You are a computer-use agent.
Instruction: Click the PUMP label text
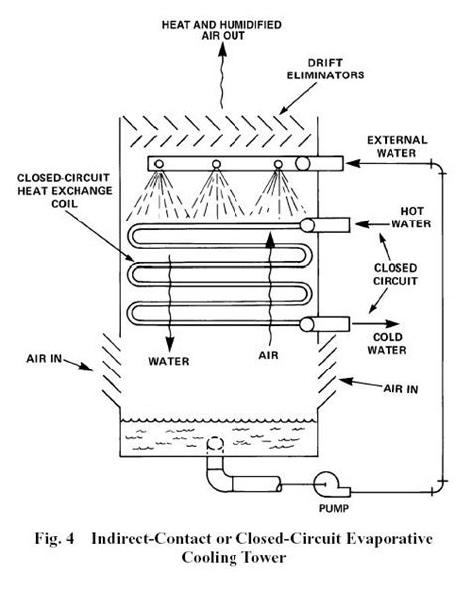click(x=334, y=508)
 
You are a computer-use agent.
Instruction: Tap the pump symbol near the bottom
click(x=328, y=484)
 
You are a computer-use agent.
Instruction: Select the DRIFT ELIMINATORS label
click(x=325, y=69)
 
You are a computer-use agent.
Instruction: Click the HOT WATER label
click(x=411, y=218)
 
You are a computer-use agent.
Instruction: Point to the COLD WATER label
click(x=388, y=343)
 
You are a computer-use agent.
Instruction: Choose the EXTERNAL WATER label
click(x=397, y=146)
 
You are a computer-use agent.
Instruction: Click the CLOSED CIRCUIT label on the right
click(x=395, y=275)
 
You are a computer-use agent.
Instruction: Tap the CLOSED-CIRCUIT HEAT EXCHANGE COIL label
click(x=65, y=191)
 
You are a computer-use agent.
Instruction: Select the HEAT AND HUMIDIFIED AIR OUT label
click(x=223, y=30)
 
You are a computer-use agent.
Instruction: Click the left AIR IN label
click(x=44, y=358)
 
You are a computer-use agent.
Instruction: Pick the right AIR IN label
click(x=400, y=388)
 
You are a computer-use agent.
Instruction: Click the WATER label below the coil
click(x=169, y=361)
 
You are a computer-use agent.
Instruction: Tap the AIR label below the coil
click(x=269, y=355)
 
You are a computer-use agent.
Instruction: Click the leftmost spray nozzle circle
click(x=159, y=164)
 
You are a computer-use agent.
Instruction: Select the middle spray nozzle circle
click(x=216, y=164)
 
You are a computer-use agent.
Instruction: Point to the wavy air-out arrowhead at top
click(x=223, y=49)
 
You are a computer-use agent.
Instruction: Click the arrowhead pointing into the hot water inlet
click(x=362, y=224)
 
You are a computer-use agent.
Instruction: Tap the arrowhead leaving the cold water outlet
click(x=392, y=323)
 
